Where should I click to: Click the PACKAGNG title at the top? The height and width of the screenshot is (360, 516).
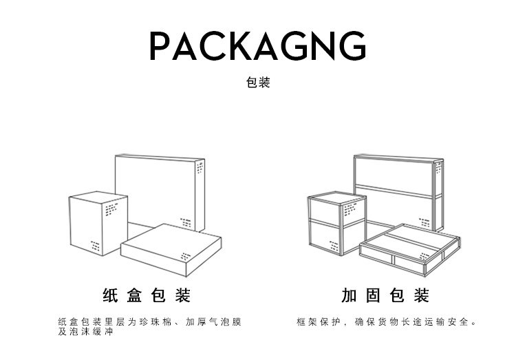pyautogui.click(x=257, y=46)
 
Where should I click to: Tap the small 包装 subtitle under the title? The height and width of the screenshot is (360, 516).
pyautogui.click(x=258, y=83)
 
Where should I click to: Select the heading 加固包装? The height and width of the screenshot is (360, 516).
pyautogui.click(x=385, y=296)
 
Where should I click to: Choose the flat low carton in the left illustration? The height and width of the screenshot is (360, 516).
pyautogui.click(x=172, y=248)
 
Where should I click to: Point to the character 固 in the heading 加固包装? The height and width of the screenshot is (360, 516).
pyautogui.click(x=373, y=296)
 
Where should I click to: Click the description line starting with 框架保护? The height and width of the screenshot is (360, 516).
pyautogui.click(x=387, y=322)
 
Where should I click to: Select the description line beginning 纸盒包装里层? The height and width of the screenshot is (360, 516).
pyautogui.click(x=150, y=322)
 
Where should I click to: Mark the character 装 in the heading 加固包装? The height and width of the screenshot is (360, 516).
pyautogui.click(x=422, y=296)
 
